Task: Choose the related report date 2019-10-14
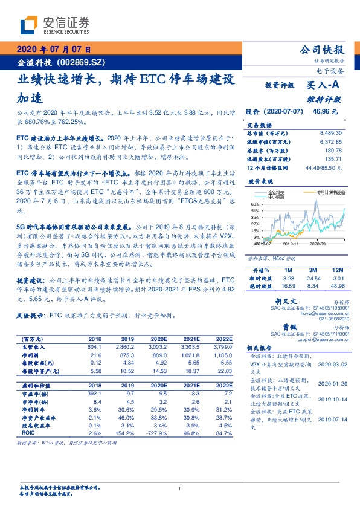[x=330, y=399]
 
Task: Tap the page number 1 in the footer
[x=180, y=488]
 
